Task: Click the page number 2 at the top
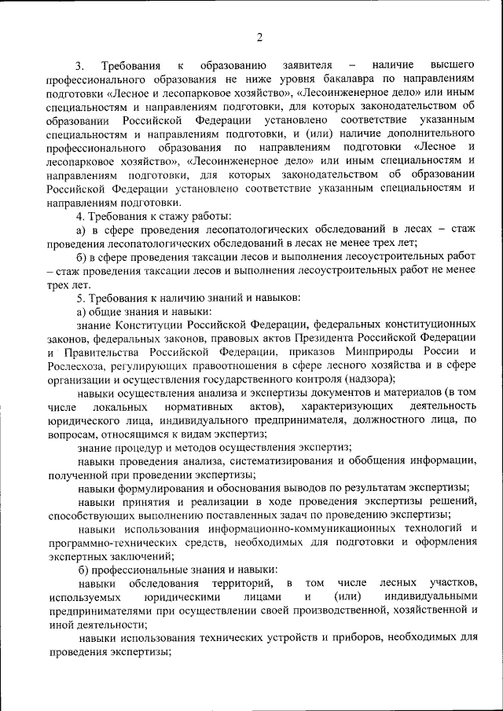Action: click(259, 36)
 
